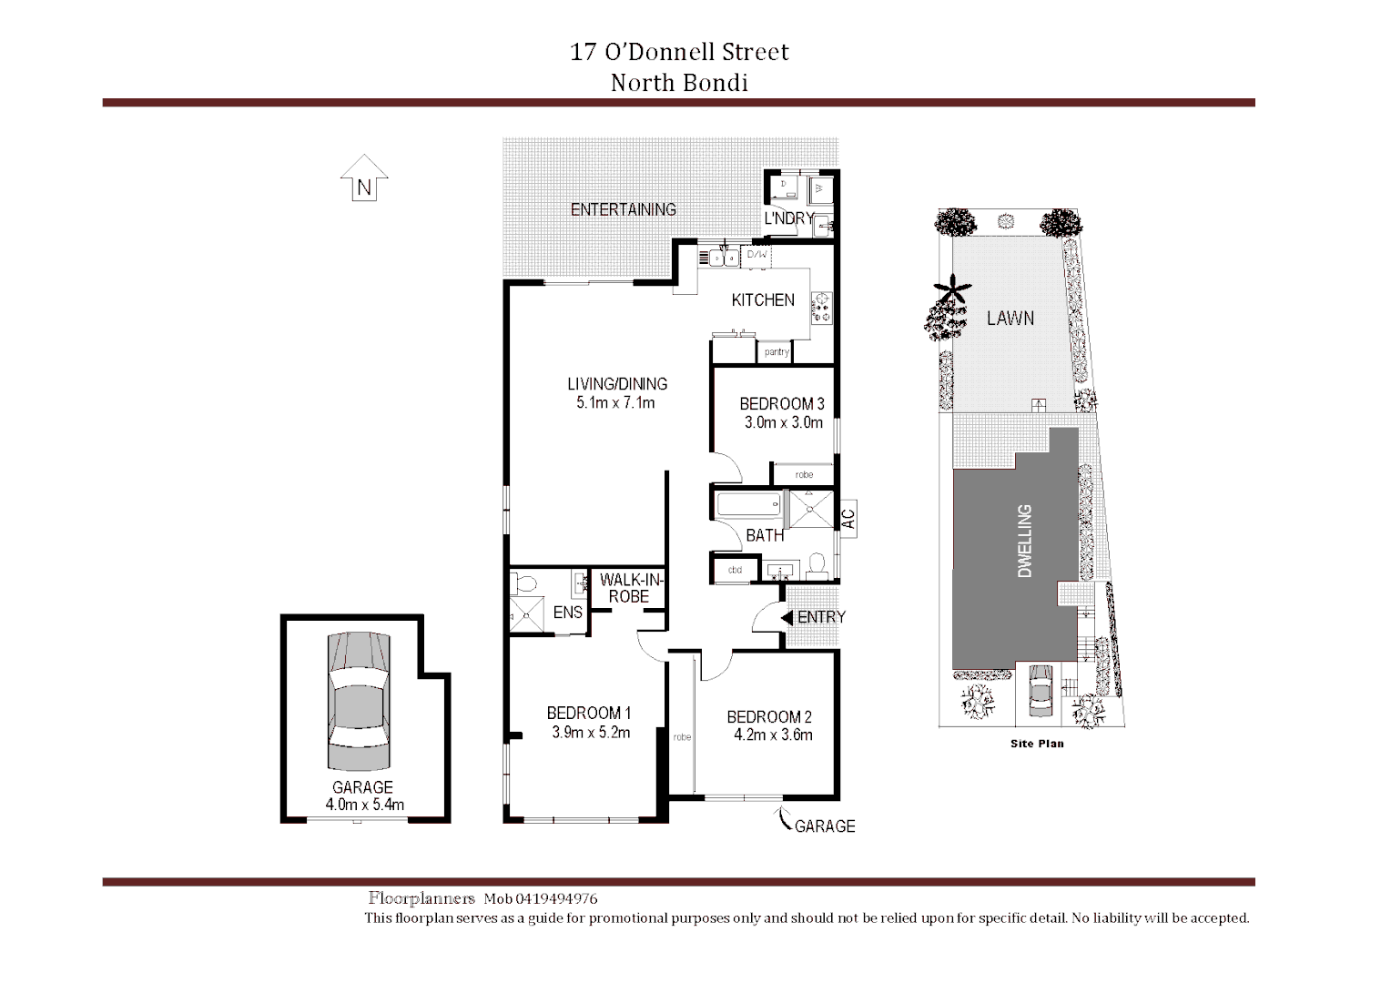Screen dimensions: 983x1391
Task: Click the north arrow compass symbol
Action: pos(364,178)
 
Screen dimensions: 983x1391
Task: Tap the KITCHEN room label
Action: pos(763,299)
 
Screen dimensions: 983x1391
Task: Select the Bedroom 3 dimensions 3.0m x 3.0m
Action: pos(783,422)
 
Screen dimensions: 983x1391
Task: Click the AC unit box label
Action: pos(848,519)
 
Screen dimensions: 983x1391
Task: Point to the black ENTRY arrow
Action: pos(787,617)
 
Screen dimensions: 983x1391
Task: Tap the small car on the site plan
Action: pos(1040,691)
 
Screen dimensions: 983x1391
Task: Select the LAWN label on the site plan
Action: pos(1010,319)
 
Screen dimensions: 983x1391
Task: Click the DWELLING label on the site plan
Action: pos(1025,541)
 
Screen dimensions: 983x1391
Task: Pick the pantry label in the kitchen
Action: pos(777,352)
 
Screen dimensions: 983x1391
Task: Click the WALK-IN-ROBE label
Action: pos(630,588)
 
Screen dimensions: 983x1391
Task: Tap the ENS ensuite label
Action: pos(567,613)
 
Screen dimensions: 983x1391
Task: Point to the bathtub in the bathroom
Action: pos(748,505)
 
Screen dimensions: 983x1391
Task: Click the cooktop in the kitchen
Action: pos(821,307)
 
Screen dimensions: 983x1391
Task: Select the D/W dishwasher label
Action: pos(756,255)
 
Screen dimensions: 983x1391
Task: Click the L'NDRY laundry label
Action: pos(787,218)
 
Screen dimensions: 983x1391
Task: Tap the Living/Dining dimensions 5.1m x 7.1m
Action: pos(615,403)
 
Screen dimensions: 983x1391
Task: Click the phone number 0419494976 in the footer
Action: pos(555,899)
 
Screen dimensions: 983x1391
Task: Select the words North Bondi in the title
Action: pos(679,83)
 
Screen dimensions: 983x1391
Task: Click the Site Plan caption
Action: pos(1037,744)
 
